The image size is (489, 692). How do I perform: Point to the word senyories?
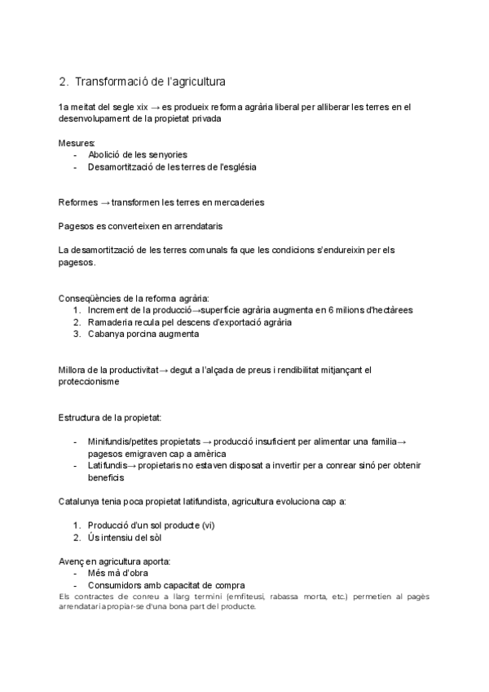[165, 154]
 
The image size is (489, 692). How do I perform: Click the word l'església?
[232, 166]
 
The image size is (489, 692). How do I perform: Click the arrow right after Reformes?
[103, 202]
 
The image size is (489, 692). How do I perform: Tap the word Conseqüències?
[88, 299]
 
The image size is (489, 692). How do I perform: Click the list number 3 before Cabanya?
[77, 334]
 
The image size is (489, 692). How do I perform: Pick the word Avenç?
[72, 561]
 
